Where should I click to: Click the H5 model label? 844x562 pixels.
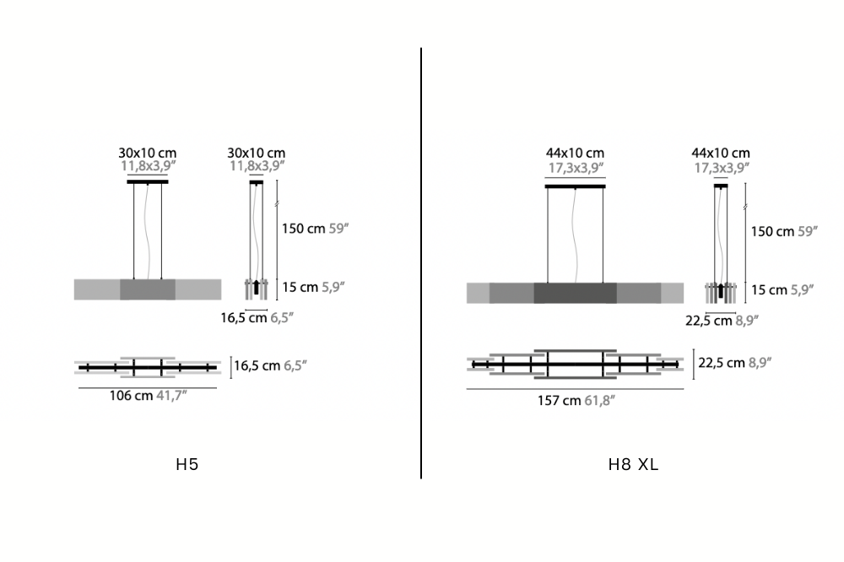187,465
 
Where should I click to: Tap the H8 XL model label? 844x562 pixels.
633,465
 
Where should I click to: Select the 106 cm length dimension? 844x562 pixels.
132,396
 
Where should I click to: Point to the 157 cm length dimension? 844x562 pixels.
560,401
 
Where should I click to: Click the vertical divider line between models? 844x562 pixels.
421,262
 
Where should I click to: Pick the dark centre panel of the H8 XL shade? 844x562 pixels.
576,293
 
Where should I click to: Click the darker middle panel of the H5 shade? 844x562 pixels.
148,289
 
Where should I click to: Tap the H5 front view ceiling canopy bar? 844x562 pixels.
148,182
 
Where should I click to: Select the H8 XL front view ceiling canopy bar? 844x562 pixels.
575,186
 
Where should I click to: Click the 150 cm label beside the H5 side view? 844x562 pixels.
304,229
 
